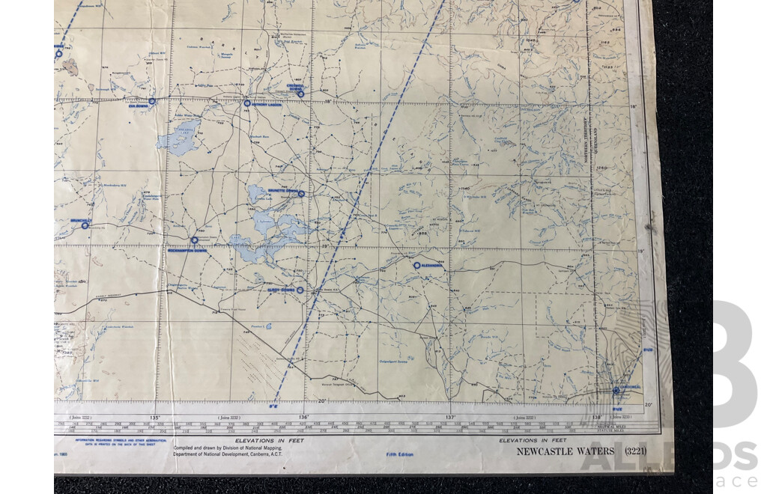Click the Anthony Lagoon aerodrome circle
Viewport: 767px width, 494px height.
point(246,103)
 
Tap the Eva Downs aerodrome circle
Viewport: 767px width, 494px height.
point(151,100)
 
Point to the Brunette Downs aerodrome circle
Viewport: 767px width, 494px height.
point(301,194)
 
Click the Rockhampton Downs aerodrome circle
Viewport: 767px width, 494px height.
point(194,240)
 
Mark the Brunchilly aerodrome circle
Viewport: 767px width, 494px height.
point(85,225)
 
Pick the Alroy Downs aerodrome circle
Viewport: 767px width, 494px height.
point(300,290)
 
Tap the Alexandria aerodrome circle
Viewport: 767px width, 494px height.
point(416,265)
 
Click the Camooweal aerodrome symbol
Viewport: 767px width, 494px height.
point(616,390)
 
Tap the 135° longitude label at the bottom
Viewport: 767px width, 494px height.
point(156,418)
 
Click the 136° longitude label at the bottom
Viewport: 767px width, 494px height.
point(303,418)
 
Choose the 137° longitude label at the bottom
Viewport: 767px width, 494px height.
point(451,418)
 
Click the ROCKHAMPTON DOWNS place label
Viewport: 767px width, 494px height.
point(187,251)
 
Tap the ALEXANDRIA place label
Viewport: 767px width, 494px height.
point(434,266)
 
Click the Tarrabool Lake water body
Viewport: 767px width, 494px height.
point(180,136)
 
